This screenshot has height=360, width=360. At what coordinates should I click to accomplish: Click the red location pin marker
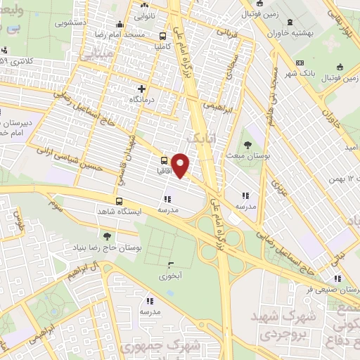(x=181, y=165)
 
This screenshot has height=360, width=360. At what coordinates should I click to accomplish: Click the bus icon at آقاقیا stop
(x=163, y=160)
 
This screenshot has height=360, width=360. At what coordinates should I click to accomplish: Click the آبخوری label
(x=170, y=276)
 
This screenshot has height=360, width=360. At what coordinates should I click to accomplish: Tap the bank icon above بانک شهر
(x=300, y=64)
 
